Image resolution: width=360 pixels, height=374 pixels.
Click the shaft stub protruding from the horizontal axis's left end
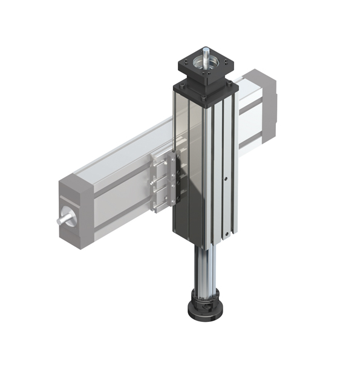(62, 219)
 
